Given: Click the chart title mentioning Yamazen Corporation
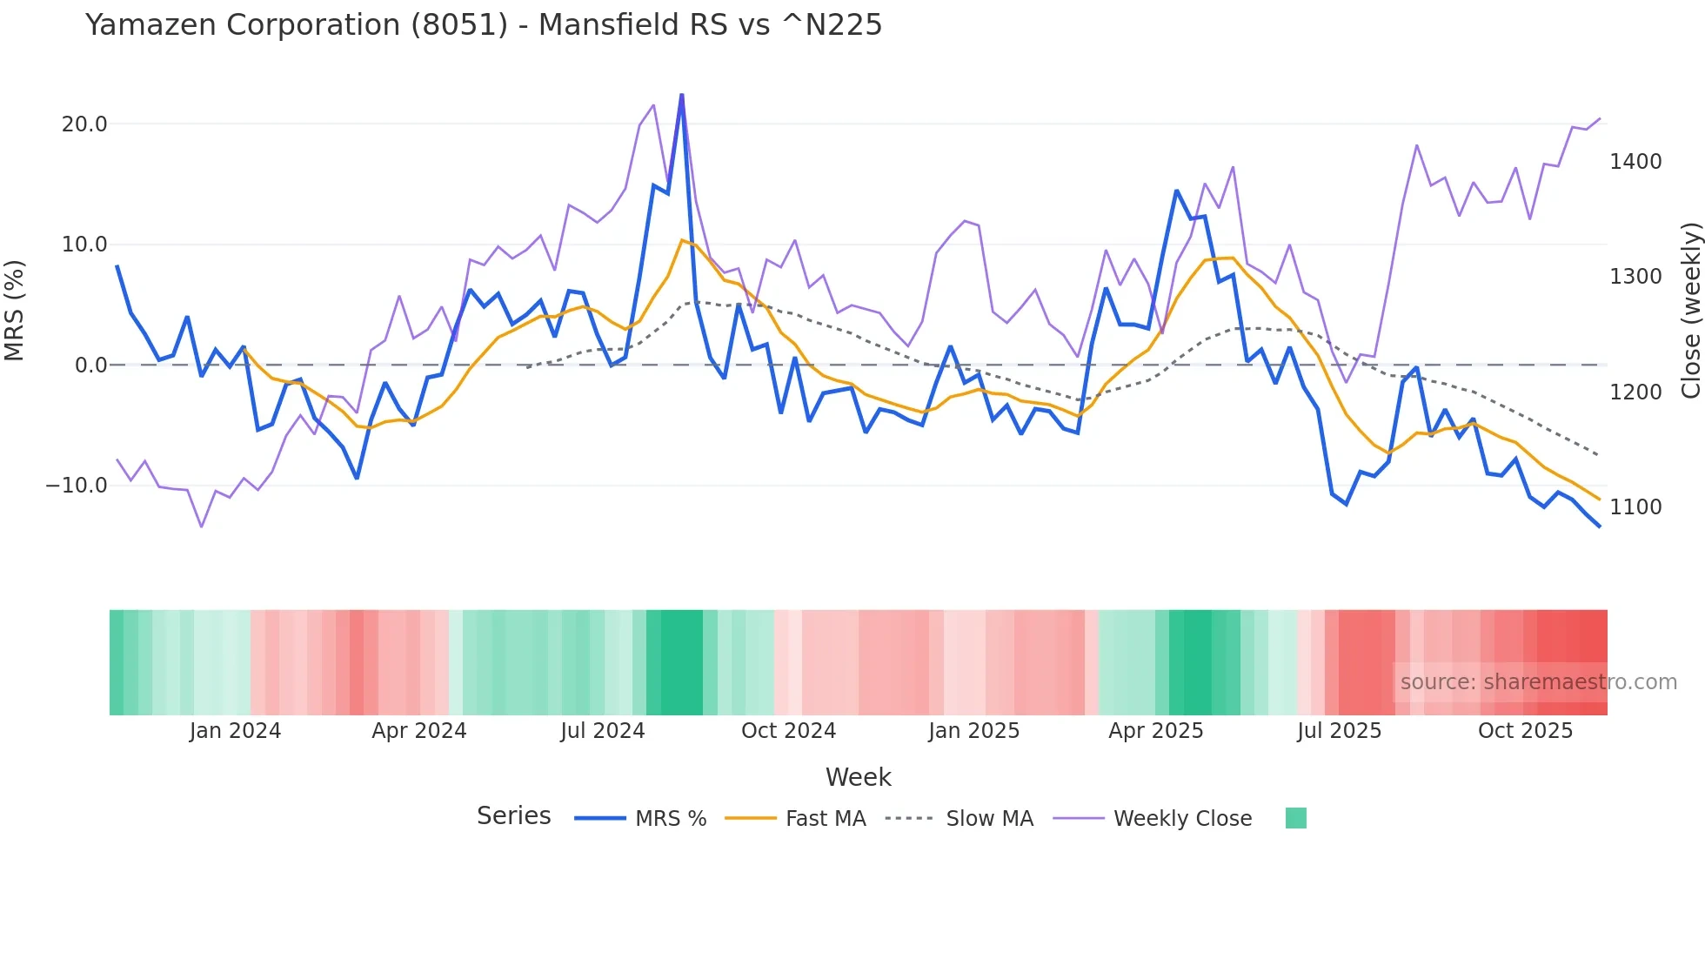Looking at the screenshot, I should click(484, 25).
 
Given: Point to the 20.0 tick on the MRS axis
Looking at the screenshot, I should click(84, 124).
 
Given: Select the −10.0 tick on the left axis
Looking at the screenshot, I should click(77, 486).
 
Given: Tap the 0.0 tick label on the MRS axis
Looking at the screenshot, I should click(91, 365).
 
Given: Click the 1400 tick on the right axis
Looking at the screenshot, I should click(1635, 162).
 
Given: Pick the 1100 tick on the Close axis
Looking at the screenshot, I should click(1635, 507).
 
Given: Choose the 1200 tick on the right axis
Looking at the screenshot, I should click(1635, 392).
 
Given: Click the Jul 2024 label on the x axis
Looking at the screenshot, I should click(602, 731).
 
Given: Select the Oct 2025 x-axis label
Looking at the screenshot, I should click(1525, 731).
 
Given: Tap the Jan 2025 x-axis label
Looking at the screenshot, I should click(973, 731).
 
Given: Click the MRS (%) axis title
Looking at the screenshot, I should click(15, 311).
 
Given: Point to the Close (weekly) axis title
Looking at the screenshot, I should click(1690, 311).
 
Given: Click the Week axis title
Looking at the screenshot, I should click(858, 777).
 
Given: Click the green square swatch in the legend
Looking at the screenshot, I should click(1295, 819).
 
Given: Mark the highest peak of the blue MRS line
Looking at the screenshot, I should click(681, 95).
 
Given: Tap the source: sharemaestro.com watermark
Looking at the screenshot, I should click(1538, 682).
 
